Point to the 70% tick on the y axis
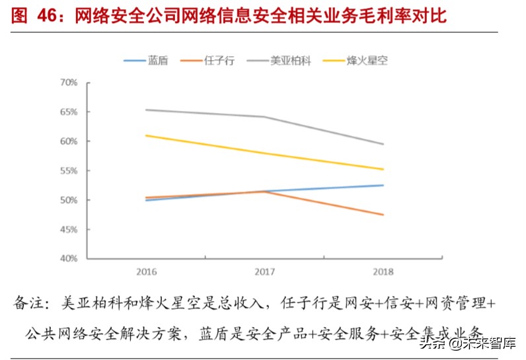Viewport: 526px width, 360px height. click(69, 83)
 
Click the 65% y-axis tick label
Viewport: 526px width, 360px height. click(69, 112)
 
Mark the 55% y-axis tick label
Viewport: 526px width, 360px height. click(69, 170)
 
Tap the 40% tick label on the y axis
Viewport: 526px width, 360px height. click(69, 258)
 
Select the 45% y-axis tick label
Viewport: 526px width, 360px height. click(69, 229)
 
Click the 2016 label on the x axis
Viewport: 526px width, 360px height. click(146, 271)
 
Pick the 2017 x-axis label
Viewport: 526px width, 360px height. click(264, 271)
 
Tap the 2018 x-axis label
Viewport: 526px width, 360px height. click(383, 271)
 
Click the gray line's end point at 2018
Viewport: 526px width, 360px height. click(383, 144)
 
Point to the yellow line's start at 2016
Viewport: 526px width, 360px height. click(146, 135)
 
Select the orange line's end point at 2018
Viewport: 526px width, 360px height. click(383, 215)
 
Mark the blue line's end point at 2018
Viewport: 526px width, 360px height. click(383, 185)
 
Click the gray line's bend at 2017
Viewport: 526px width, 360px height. click(264, 117)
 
